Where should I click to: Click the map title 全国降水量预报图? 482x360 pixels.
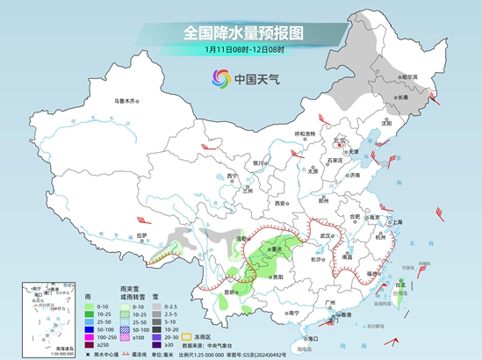[242, 32]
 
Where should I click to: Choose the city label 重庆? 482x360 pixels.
[277, 248]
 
